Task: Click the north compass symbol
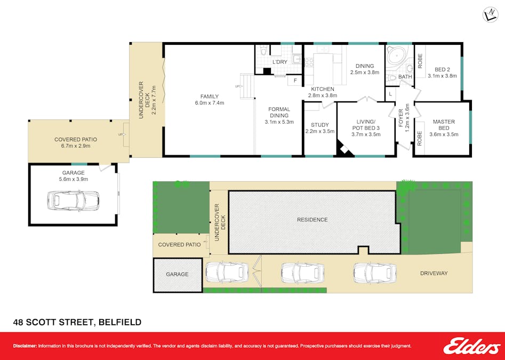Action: pos(490,15)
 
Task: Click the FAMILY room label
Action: pos(210,97)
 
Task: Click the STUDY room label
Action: pos(320,125)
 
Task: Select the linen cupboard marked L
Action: pos(390,94)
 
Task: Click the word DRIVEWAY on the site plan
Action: pos(433,274)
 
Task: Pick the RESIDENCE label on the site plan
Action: pos(312,220)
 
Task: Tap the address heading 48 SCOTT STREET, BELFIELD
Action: pos(77,322)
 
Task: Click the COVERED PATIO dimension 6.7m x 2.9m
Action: pos(75,146)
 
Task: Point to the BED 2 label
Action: pos(442,69)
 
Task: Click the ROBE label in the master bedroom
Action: pos(420,139)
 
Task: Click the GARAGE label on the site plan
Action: pos(177,274)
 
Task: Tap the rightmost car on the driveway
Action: pos(373,273)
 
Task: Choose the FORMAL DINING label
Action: pos(279,112)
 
